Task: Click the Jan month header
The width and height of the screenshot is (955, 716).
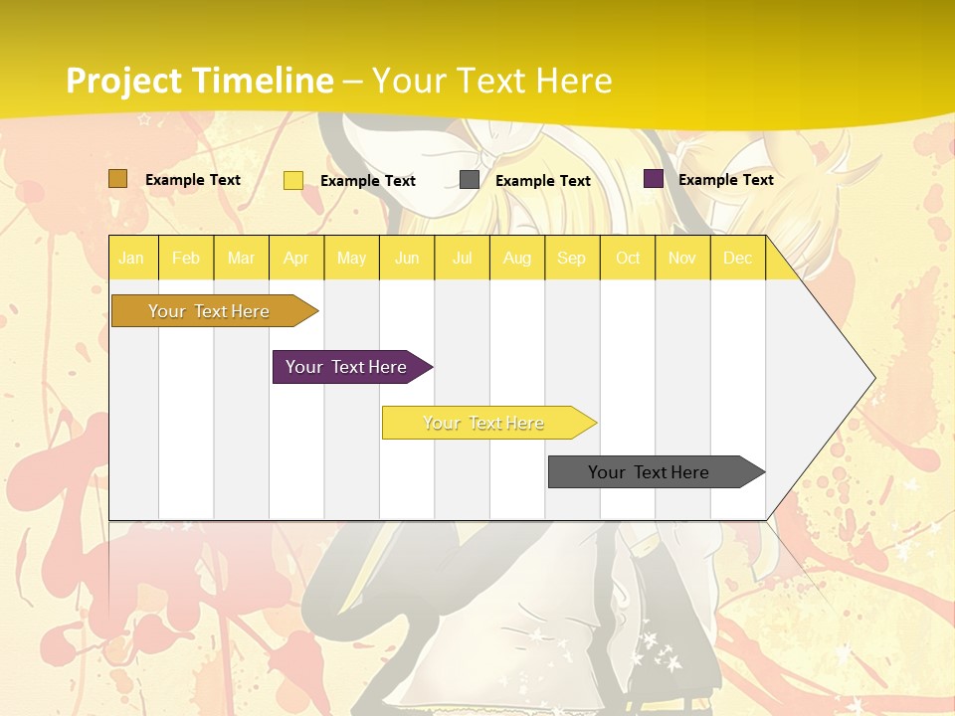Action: tap(131, 259)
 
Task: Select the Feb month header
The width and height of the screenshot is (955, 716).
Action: tap(186, 259)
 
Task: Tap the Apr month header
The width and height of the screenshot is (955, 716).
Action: tap(296, 259)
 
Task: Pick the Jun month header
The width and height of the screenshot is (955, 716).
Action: tap(407, 259)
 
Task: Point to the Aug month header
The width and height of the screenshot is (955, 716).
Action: tap(516, 259)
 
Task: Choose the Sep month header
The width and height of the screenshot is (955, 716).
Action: tap(571, 259)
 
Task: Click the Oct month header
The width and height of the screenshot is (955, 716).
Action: tap(628, 259)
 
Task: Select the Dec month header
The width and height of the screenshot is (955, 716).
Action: tap(737, 259)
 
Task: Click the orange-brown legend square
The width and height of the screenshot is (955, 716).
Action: tap(117, 179)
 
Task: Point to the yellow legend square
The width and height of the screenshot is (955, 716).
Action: tap(293, 180)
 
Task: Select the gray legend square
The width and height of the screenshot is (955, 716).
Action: tap(470, 180)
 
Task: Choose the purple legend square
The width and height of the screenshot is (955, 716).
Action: tap(654, 179)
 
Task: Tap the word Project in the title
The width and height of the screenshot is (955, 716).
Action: tap(123, 81)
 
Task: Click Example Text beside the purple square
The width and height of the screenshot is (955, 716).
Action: tap(725, 180)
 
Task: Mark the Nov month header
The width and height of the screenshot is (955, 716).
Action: tap(682, 259)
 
